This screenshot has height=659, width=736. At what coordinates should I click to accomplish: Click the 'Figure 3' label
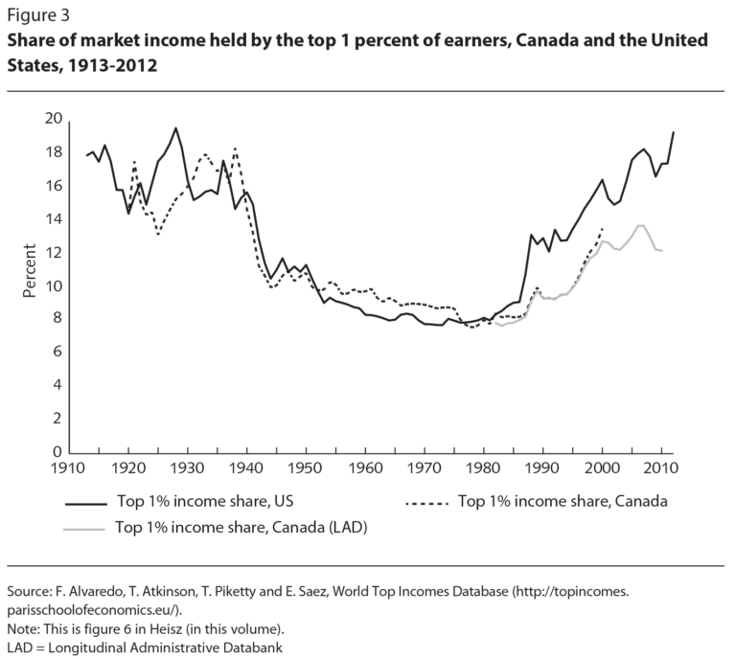point(39,16)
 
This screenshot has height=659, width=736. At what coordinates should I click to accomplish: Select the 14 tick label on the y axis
point(54,219)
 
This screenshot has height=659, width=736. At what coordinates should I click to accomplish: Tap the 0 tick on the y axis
point(58,452)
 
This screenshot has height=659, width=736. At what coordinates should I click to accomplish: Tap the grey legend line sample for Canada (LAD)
point(85,527)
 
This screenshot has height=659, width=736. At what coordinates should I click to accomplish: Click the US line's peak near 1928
point(175,128)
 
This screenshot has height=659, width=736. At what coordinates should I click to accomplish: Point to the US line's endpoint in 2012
point(674,132)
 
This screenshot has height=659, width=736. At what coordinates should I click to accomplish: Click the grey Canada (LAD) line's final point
point(662,250)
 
